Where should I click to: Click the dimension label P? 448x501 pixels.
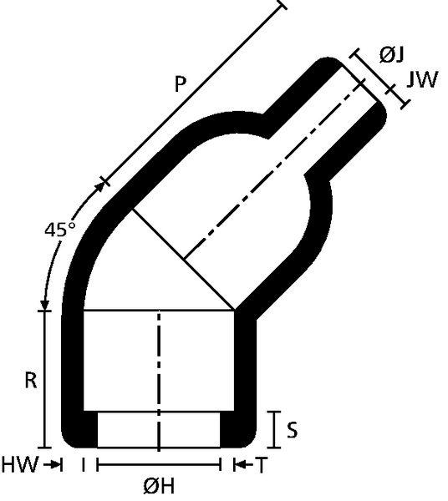coord(181,84)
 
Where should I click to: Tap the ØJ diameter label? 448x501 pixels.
coord(392,54)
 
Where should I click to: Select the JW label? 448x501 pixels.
coord(421,80)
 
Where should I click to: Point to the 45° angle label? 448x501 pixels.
coord(60,230)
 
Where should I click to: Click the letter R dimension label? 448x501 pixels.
coord(31,381)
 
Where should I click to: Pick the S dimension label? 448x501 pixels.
coord(292,430)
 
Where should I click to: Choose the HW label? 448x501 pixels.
coord(20,464)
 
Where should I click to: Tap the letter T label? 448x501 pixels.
coord(261,465)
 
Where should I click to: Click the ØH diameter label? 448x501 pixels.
coord(159,486)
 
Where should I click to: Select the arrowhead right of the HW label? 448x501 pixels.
coord(55,464)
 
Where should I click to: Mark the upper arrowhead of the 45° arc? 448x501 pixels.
coord(101,187)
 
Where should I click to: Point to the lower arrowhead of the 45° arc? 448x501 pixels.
coord(45,305)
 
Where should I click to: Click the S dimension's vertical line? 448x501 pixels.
coord(274,429)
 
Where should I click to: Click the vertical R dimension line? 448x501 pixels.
coord(45,379)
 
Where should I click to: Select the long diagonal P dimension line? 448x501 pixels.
coord(193,93)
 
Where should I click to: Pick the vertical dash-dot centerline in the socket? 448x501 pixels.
coord(159,380)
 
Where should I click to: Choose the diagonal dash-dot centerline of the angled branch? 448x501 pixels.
coord(274,170)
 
